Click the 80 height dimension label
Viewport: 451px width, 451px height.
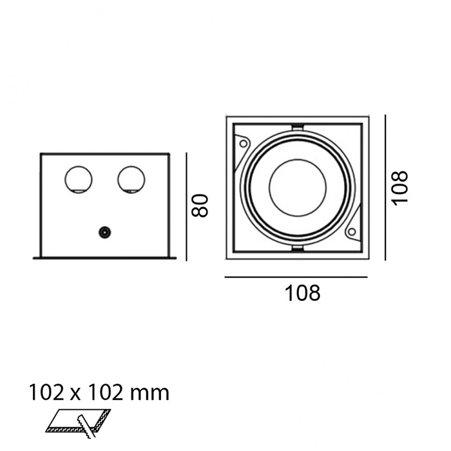click(x=200, y=206)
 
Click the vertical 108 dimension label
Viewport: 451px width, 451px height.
click(x=400, y=188)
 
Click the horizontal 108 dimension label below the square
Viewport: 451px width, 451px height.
click(x=302, y=293)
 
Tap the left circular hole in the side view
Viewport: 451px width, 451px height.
click(x=78, y=180)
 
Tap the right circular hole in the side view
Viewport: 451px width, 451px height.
click(x=131, y=180)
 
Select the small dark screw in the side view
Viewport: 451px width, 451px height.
click(x=104, y=233)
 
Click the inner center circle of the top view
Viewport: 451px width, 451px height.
click(x=298, y=187)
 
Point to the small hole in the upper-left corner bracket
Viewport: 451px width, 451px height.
click(x=244, y=143)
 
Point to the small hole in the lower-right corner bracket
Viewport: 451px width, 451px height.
click(x=352, y=231)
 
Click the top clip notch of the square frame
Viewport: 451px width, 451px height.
click(x=298, y=127)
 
